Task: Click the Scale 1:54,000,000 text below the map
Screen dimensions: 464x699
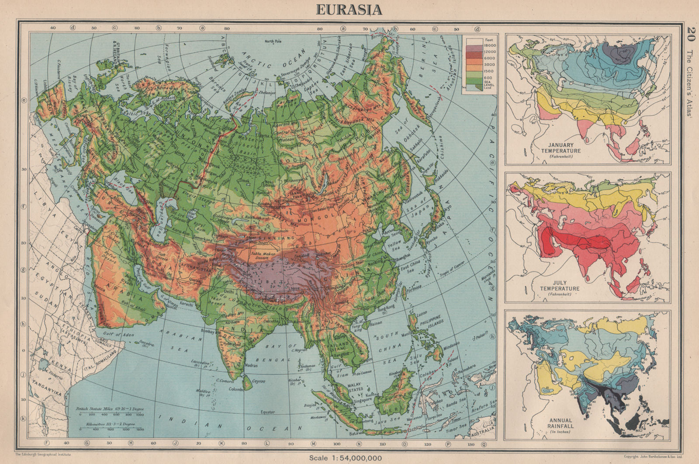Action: coord(345,457)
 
